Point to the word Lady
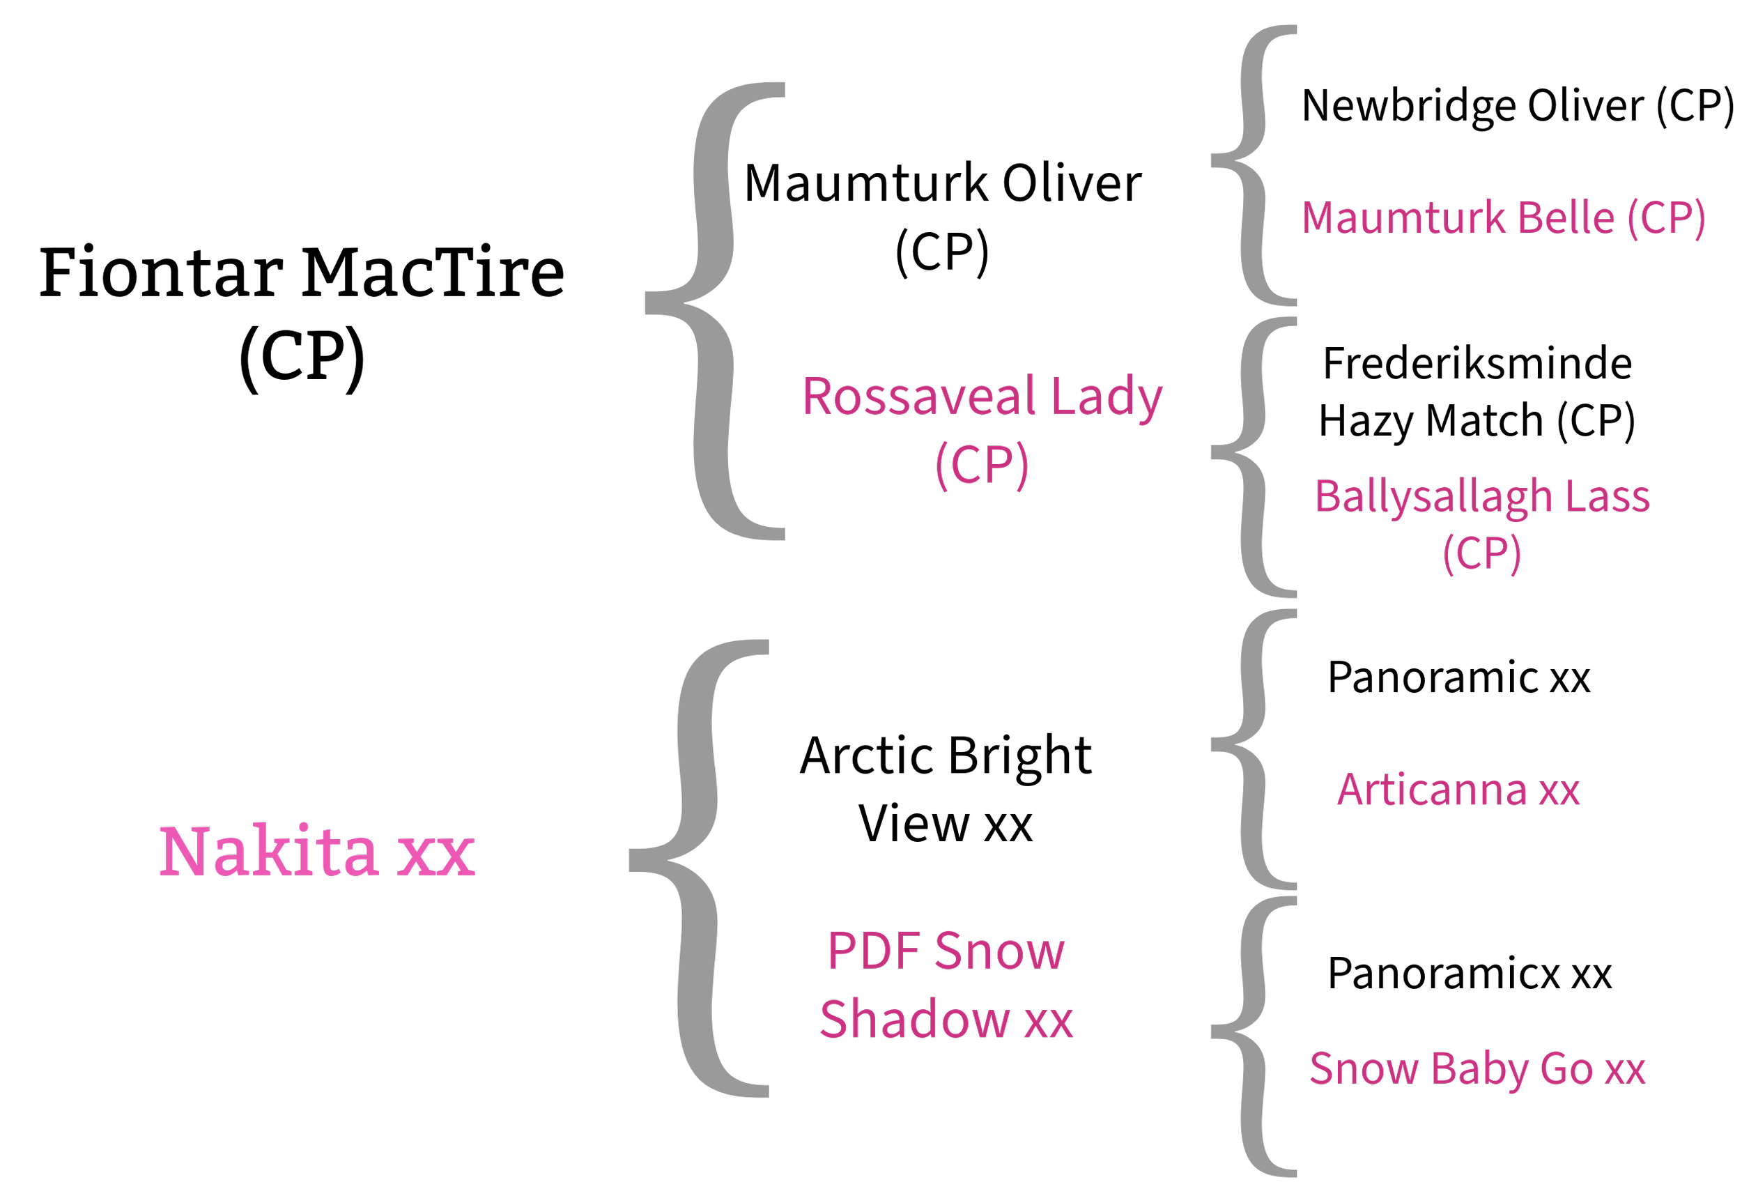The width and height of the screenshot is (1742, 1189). pos(1107,398)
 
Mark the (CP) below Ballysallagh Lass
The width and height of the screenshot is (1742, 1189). pos(1482,554)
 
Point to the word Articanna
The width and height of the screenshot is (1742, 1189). pos(1432,790)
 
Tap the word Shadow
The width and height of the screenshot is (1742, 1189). pos(914,1020)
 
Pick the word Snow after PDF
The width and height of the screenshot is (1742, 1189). pos(1000,951)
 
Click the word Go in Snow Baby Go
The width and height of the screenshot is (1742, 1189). pos(1566,1069)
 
